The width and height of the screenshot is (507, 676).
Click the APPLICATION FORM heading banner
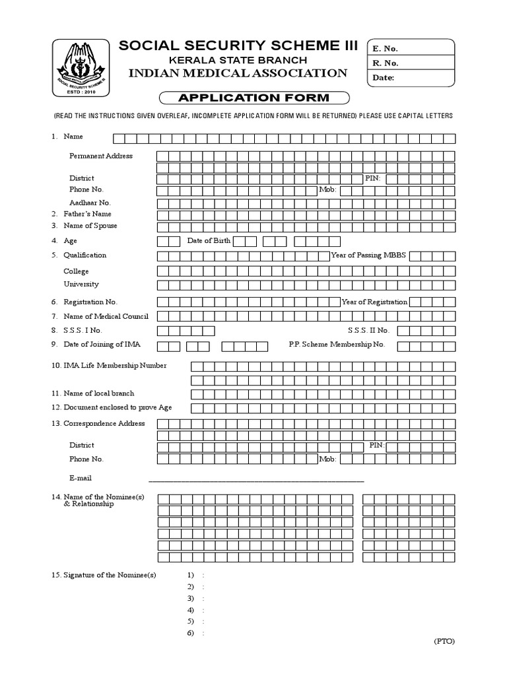pyautogui.click(x=253, y=98)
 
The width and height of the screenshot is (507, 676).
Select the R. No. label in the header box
pyautogui.click(x=386, y=63)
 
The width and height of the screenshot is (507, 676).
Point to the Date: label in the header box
pyautogui.click(x=384, y=78)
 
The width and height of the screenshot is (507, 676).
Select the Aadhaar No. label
pyautogui.click(x=90, y=203)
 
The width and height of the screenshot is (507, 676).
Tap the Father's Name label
pyautogui.click(x=87, y=214)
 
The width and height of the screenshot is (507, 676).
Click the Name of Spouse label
pyautogui.click(x=90, y=226)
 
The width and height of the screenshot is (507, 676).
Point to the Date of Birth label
pyautogui.click(x=209, y=241)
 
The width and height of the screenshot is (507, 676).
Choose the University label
pyautogui.click(x=81, y=284)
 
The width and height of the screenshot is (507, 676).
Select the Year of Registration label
pyautogui.click(x=374, y=302)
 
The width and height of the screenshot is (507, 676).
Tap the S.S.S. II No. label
pyautogui.click(x=368, y=329)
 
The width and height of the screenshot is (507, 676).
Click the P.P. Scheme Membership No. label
pyautogui.click(x=337, y=345)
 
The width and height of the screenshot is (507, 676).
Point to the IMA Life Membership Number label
pyautogui.click(x=114, y=365)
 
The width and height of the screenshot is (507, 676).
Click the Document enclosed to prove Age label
pyautogui.click(x=118, y=407)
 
